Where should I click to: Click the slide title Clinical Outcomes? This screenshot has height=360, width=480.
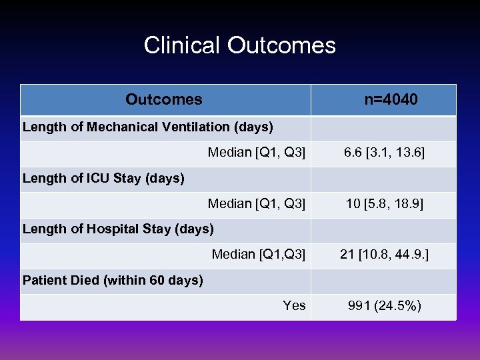pyautogui.click(x=239, y=45)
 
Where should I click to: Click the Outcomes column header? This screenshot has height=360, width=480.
pyautogui.click(x=164, y=100)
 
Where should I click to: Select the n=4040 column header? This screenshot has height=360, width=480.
pyautogui.click(x=391, y=100)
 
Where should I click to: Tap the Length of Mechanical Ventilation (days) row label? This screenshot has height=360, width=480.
pyautogui.click(x=148, y=127)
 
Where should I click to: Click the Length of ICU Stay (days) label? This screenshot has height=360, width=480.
pyautogui.click(x=103, y=178)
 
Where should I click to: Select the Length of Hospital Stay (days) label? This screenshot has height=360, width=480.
pyautogui.click(x=118, y=229)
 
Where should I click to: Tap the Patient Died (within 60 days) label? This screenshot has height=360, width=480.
pyautogui.click(x=113, y=280)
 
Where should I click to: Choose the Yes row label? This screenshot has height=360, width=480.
pyautogui.click(x=294, y=305)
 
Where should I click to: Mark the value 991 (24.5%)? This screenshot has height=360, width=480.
pyautogui.click(x=385, y=305)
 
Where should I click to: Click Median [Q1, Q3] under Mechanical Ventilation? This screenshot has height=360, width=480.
pyautogui.click(x=257, y=153)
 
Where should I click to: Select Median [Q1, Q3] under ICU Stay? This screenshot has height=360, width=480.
pyautogui.click(x=257, y=203)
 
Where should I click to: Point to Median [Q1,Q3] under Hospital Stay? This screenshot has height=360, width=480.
pyautogui.click(x=259, y=254)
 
